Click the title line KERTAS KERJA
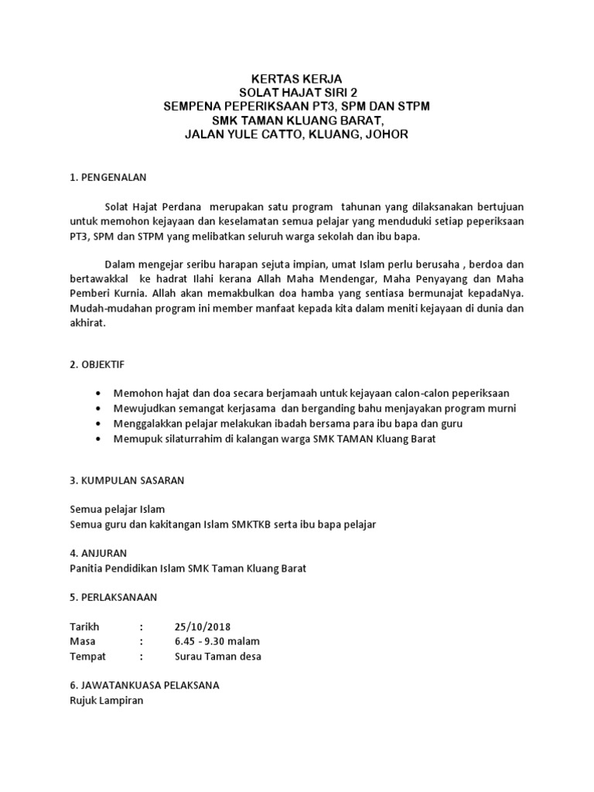(x=296, y=79)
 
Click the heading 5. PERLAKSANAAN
(x=113, y=597)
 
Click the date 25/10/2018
(x=203, y=626)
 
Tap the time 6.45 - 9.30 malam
(x=217, y=641)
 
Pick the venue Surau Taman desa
(x=218, y=657)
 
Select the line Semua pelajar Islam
(x=117, y=509)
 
